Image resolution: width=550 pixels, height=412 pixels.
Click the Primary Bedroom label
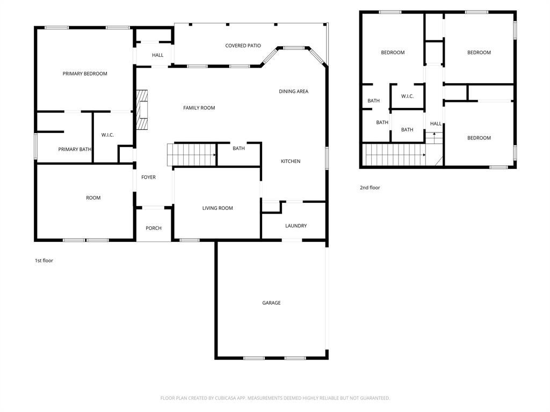click(85, 73)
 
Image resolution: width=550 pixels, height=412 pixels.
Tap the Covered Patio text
click(243, 46)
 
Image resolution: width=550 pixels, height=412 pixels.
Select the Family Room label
click(199, 108)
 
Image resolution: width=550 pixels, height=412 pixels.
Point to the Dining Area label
click(294, 91)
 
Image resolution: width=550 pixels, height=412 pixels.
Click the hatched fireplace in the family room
click(142, 109)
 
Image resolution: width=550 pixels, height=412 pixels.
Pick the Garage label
click(271, 303)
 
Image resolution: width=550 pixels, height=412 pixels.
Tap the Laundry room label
click(296, 226)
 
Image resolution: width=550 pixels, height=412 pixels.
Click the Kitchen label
click(291, 161)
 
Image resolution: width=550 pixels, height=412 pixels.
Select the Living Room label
click(218, 208)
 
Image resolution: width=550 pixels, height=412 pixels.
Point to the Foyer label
click(148, 177)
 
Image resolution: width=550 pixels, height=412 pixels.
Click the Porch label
click(154, 228)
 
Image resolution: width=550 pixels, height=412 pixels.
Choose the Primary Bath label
click(75, 149)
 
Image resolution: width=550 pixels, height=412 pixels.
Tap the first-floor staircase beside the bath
click(192, 154)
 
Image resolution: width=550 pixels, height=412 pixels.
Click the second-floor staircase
click(394, 154)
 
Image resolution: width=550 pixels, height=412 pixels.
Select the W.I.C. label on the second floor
click(407, 97)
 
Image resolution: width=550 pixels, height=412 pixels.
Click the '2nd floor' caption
click(370, 188)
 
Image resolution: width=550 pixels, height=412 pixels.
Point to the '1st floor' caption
click(44, 261)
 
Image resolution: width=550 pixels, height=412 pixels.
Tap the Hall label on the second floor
click(436, 124)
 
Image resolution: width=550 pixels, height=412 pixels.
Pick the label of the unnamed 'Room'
click(93, 198)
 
